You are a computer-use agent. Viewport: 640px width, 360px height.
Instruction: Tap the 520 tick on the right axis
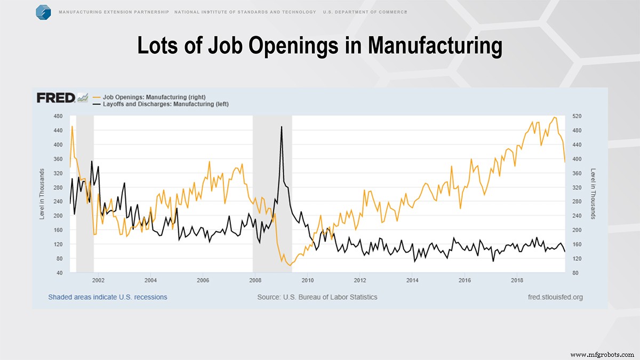pyautogui.click(x=576, y=116)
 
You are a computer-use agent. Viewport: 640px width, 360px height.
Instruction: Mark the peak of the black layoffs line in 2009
pyautogui.click(x=282, y=127)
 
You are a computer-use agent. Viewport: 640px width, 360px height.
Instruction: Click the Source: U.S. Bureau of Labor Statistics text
pyautogui.click(x=317, y=297)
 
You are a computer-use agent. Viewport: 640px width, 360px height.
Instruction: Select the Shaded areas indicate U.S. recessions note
pyautogui.click(x=108, y=297)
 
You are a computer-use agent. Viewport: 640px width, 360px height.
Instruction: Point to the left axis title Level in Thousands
pyautogui.click(x=42, y=194)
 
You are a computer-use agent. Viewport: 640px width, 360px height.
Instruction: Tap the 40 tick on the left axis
pyautogui.click(x=60, y=273)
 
